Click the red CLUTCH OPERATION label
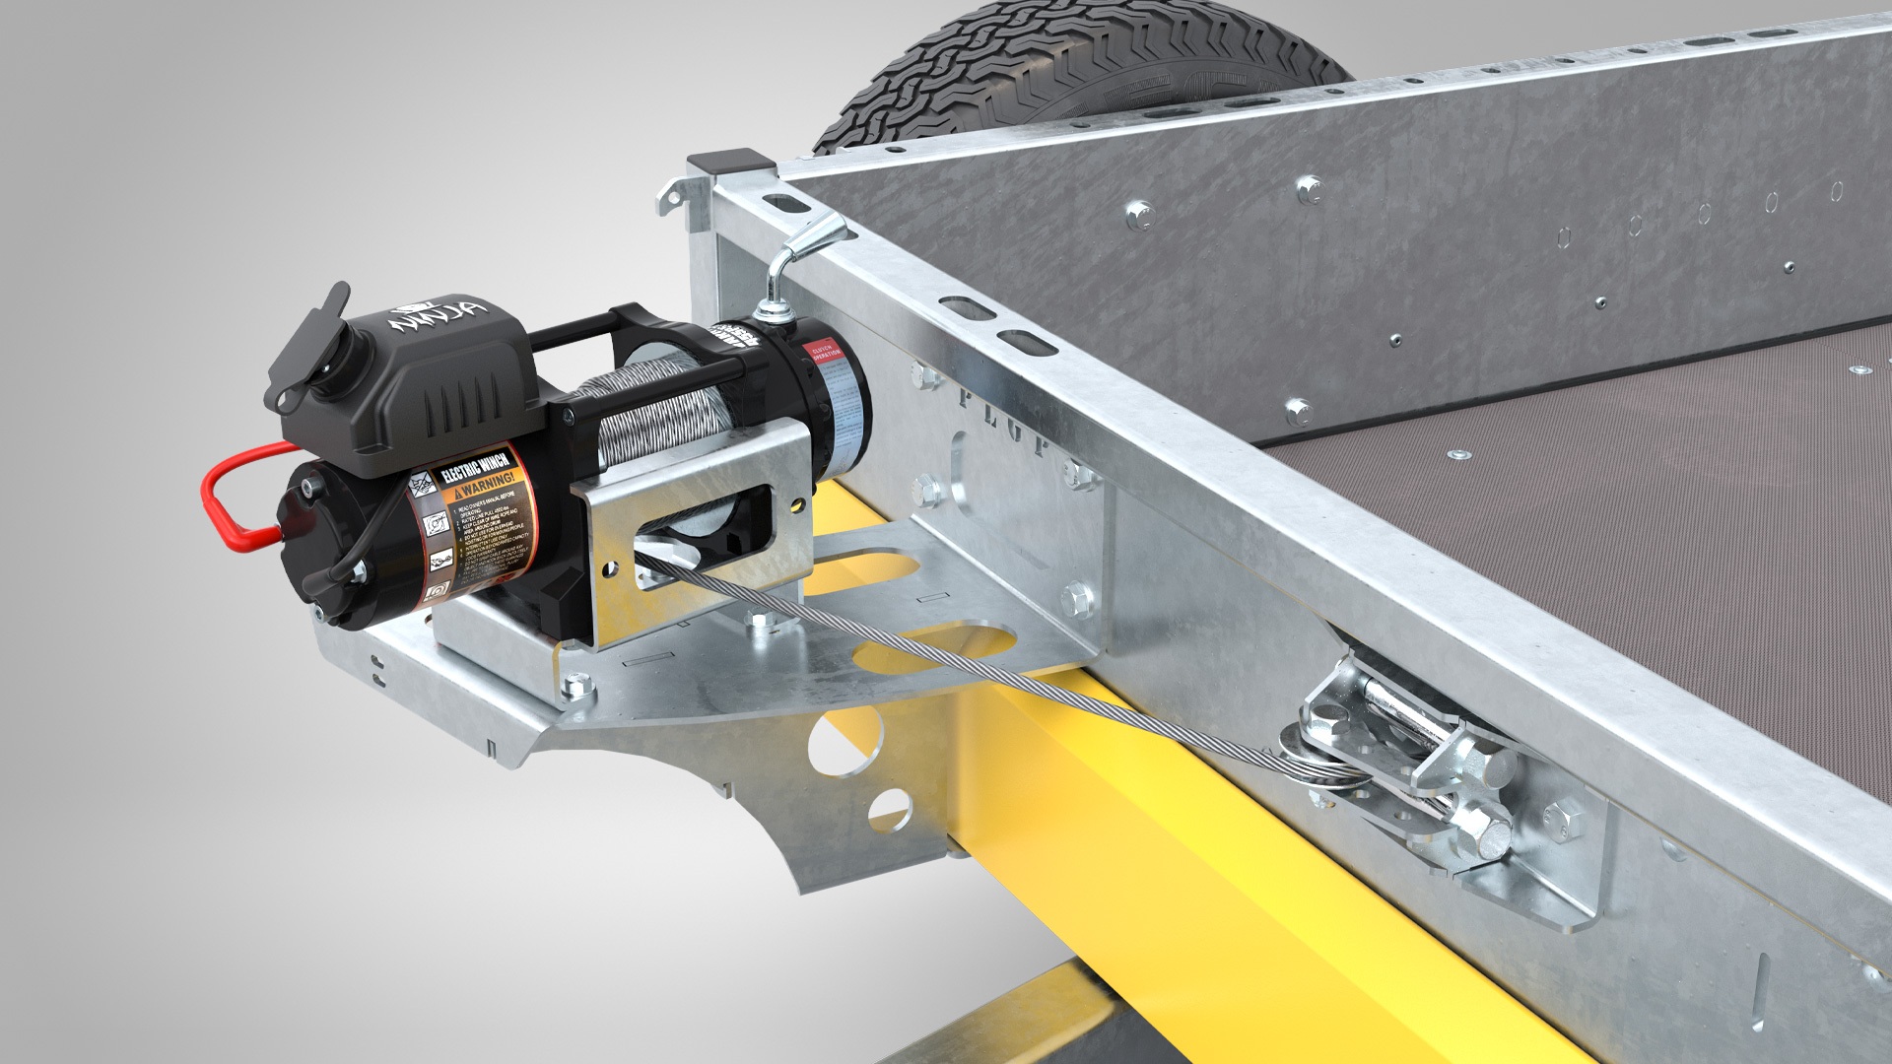point(823,353)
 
